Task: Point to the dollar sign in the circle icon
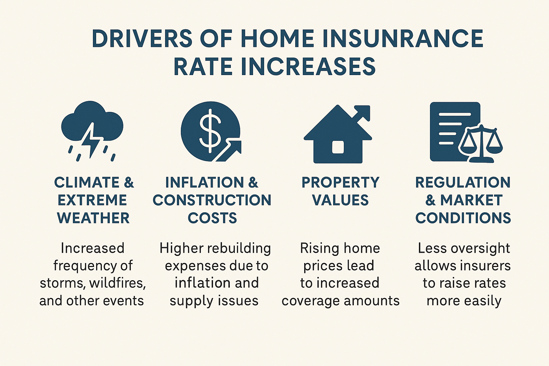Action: (x=210, y=128)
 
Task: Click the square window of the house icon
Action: (x=338, y=147)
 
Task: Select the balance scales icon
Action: (x=481, y=143)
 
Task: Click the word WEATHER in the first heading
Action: (x=93, y=218)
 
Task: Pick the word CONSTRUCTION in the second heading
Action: (x=212, y=200)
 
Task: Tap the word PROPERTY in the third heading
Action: (x=340, y=182)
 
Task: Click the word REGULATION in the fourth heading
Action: (x=463, y=182)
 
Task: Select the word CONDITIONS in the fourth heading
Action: (x=463, y=218)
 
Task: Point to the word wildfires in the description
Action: (x=118, y=283)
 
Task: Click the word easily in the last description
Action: (x=483, y=301)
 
